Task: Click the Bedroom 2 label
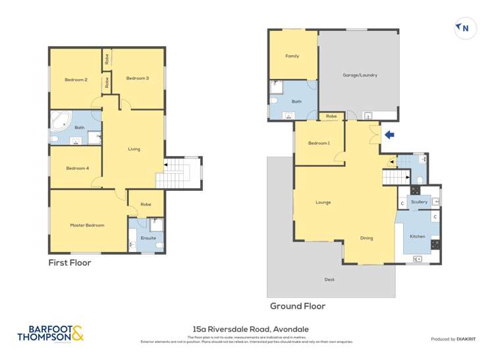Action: coord(76,80)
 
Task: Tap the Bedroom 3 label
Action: coord(138,78)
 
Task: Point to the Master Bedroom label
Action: coord(87,225)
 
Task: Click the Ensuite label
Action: coord(148,238)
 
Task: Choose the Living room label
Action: coord(134,149)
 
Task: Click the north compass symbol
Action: coord(464,28)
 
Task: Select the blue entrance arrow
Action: coord(389,136)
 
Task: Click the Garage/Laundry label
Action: coord(360,75)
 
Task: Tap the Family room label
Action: coord(292,56)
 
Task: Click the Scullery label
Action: coord(419,202)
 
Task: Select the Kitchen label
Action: coord(418,236)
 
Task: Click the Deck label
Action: coord(329,280)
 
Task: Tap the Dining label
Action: coord(367,238)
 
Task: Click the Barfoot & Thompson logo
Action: coord(51,334)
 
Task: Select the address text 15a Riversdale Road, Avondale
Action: coord(250,328)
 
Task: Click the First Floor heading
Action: coord(70,263)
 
